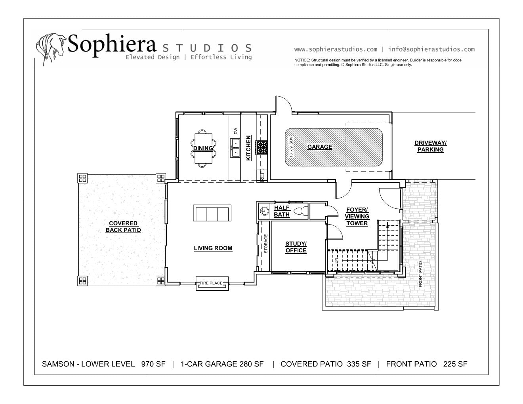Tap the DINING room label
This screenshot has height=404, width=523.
(203, 148)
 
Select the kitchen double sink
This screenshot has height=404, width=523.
(235, 148)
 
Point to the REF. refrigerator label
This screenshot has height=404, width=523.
(262, 175)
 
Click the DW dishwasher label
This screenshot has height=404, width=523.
(235, 131)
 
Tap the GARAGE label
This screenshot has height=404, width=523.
(320, 147)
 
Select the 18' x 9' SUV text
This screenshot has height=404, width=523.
(291, 147)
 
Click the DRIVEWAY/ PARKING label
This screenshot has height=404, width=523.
(430, 146)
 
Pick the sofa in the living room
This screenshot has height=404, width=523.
(212, 213)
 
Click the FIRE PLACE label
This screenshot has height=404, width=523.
(211, 283)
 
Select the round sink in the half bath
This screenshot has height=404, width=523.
(265, 211)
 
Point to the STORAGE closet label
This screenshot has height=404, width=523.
(266, 244)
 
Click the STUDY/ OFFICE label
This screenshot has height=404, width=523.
(296, 247)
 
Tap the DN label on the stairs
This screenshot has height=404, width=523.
(336, 260)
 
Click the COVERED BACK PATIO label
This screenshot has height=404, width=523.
(123, 227)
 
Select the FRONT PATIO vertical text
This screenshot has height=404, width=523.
(420, 274)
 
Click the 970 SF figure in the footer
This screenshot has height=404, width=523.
(153, 364)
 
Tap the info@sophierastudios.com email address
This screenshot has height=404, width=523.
(431, 50)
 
